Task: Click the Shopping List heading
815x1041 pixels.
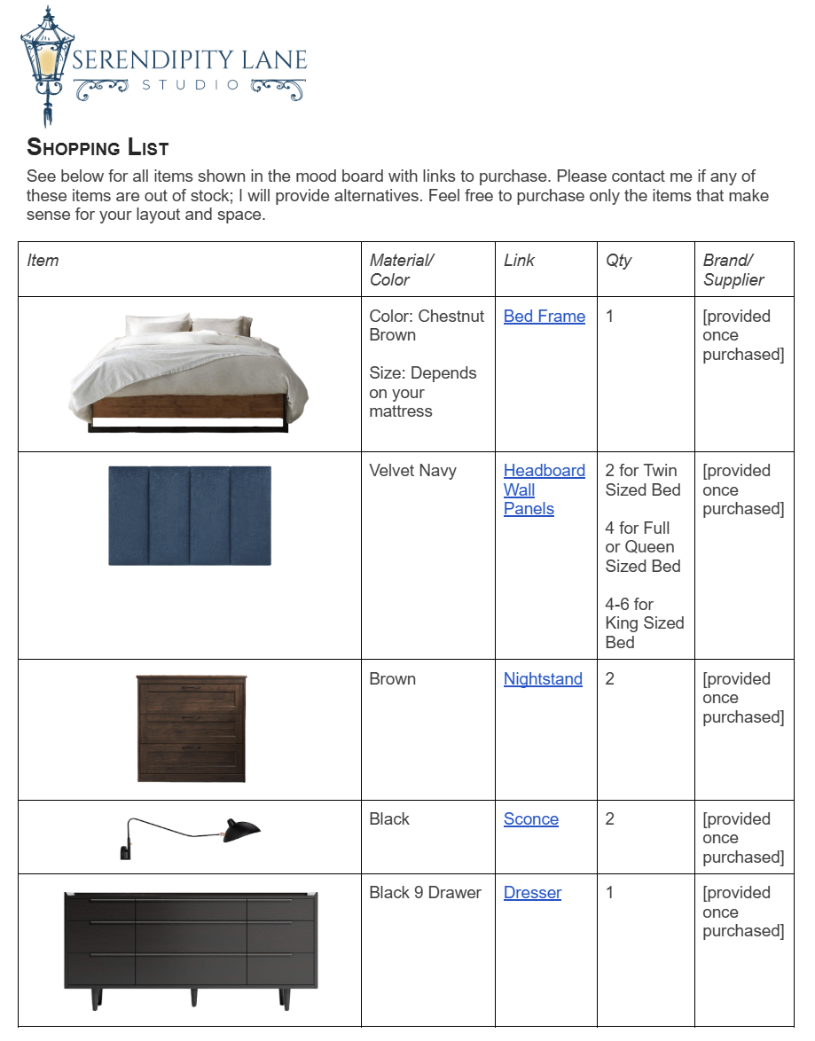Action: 98,147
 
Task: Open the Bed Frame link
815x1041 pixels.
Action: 544,317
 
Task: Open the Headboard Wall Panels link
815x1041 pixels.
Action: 544,489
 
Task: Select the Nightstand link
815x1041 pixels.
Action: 543,679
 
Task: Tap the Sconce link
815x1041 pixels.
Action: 530,819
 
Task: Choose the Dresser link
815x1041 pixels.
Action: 532,893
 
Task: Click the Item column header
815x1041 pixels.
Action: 43,261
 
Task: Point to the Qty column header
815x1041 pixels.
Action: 618,261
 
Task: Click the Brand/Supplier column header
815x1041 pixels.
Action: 733,270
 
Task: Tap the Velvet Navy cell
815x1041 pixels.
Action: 412,471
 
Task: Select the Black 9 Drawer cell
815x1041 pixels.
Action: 425,893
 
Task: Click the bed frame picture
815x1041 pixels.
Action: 189,372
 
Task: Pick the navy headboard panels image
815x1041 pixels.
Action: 190,515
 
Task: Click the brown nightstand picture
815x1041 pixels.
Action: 192,728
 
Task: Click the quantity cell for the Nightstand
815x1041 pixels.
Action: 610,679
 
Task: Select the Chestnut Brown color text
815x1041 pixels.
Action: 427,325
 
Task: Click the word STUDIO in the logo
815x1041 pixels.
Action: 191,85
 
